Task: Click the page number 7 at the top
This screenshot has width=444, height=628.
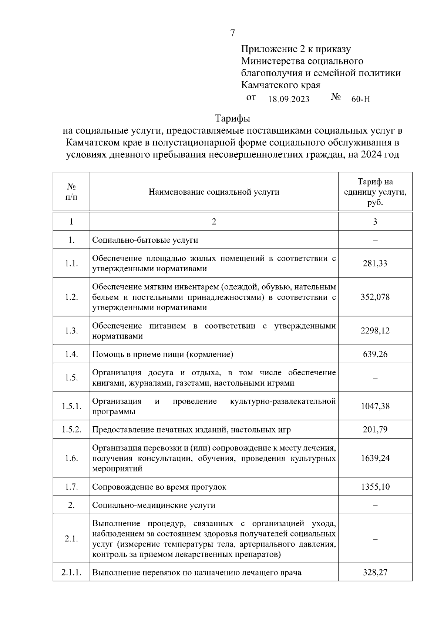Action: click(232, 33)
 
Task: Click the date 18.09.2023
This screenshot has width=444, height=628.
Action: click(289, 99)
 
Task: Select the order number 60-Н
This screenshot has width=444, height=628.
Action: click(360, 99)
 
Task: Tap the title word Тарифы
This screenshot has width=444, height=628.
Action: click(232, 119)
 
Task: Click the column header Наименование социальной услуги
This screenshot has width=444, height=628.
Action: click(214, 192)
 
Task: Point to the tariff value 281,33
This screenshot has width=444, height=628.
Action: click(375, 263)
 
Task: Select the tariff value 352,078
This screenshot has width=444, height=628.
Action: click(375, 297)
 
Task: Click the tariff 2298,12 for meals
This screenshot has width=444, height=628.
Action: click(375, 330)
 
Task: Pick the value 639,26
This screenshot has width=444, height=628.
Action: click(375, 354)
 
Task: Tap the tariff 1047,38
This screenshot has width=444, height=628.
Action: click(375, 406)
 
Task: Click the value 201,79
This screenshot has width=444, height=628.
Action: click(375, 430)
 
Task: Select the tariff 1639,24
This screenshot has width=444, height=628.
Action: click(375, 458)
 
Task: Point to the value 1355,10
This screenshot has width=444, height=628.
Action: click(375, 487)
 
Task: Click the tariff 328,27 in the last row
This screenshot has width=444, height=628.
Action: click(375, 572)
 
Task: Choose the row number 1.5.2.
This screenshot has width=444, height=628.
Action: click(71, 430)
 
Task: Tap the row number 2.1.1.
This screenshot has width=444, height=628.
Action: click(71, 572)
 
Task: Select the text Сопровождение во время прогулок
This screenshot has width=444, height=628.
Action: click(159, 487)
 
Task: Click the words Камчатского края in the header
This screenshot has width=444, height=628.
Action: click(280, 85)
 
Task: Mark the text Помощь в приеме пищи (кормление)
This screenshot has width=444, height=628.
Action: click(162, 354)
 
